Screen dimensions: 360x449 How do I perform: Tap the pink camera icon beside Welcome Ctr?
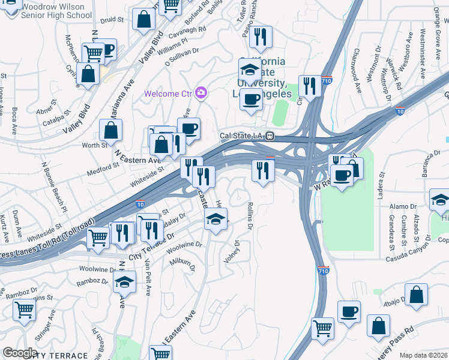[x=201, y=93]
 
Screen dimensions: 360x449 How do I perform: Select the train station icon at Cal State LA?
[x=270, y=136]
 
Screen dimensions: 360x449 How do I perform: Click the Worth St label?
[x=95, y=145]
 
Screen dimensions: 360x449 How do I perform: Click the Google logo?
[x=20, y=353]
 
